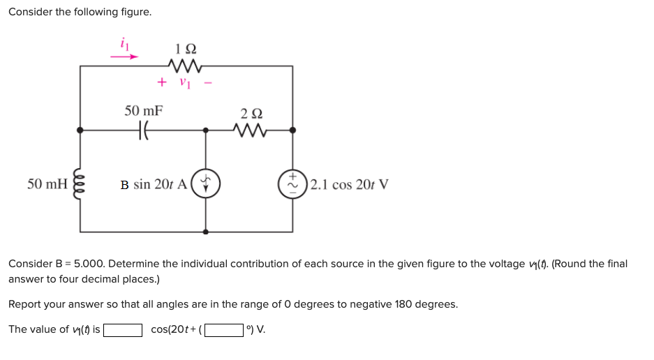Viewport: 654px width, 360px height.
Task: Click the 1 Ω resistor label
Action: tap(186, 50)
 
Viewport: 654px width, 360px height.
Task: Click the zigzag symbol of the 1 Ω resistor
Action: tap(186, 66)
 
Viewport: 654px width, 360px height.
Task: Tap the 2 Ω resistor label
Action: tap(251, 114)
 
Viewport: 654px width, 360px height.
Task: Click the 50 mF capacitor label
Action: tap(144, 111)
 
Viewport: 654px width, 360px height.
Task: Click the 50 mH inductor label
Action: tap(47, 184)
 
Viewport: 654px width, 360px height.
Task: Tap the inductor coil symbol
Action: tap(80, 184)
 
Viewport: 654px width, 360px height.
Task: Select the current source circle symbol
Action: tap(205, 184)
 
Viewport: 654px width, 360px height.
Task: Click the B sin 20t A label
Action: tap(153, 185)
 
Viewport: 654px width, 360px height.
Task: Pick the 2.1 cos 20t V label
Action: tap(349, 185)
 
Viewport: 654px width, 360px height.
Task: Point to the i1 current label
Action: tap(126, 44)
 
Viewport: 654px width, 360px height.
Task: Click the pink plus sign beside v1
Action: tap(162, 82)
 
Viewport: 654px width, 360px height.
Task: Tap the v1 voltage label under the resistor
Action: tap(184, 83)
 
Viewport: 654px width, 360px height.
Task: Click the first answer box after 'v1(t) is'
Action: tap(124, 329)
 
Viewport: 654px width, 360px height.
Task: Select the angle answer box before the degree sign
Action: tap(223, 329)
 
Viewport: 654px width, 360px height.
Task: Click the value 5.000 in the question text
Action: tap(87, 264)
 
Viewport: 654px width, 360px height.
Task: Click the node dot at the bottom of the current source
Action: tap(205, 231)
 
